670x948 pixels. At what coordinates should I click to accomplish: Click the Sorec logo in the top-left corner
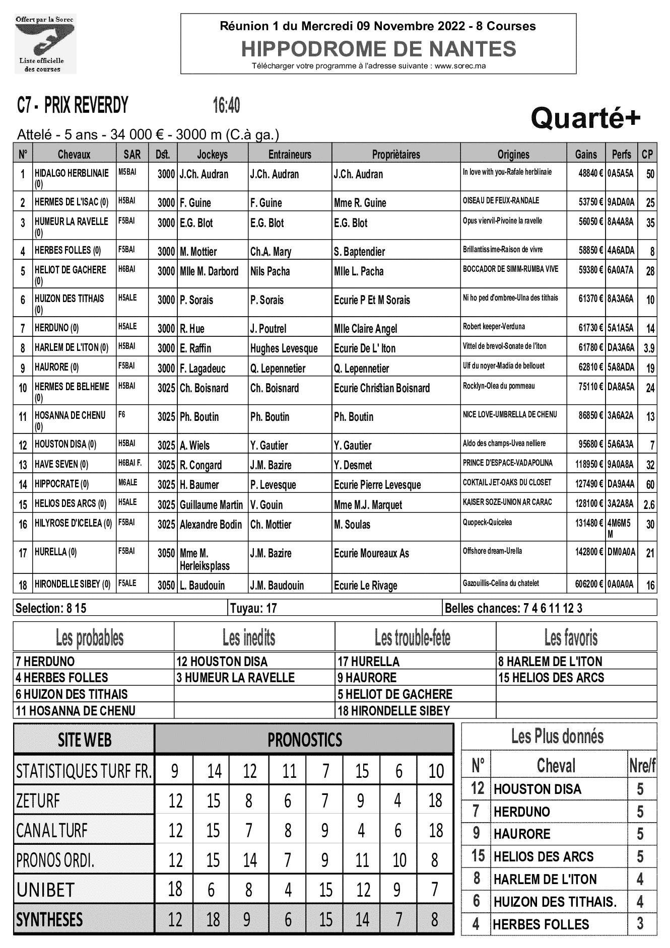tap(45, 44)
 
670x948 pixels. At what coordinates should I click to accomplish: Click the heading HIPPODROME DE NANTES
tap(378, 49)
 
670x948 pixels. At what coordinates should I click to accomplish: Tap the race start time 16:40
tap(226, 106)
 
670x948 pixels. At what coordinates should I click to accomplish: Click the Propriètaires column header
tap(395, 155)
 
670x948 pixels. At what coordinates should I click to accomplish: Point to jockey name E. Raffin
tap(195, 348)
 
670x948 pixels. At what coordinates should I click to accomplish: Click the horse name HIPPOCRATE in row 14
tap(57, 484)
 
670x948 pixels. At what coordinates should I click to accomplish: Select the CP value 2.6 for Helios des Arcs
tap(649, 504)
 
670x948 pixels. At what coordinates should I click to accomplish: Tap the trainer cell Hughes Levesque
tap(284, 348)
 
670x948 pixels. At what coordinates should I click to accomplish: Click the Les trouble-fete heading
tap(412, 638)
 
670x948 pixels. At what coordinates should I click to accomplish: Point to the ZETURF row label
tap(38, 800)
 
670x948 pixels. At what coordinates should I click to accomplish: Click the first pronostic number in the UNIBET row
tap(175, 889)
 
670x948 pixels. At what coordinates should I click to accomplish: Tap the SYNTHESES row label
tap(49, 919)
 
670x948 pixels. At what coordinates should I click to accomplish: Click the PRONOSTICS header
tap(304, 740)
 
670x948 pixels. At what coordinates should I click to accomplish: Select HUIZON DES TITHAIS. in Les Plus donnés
tap(555, 902)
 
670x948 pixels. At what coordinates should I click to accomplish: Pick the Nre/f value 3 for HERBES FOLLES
tap(640, 924)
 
